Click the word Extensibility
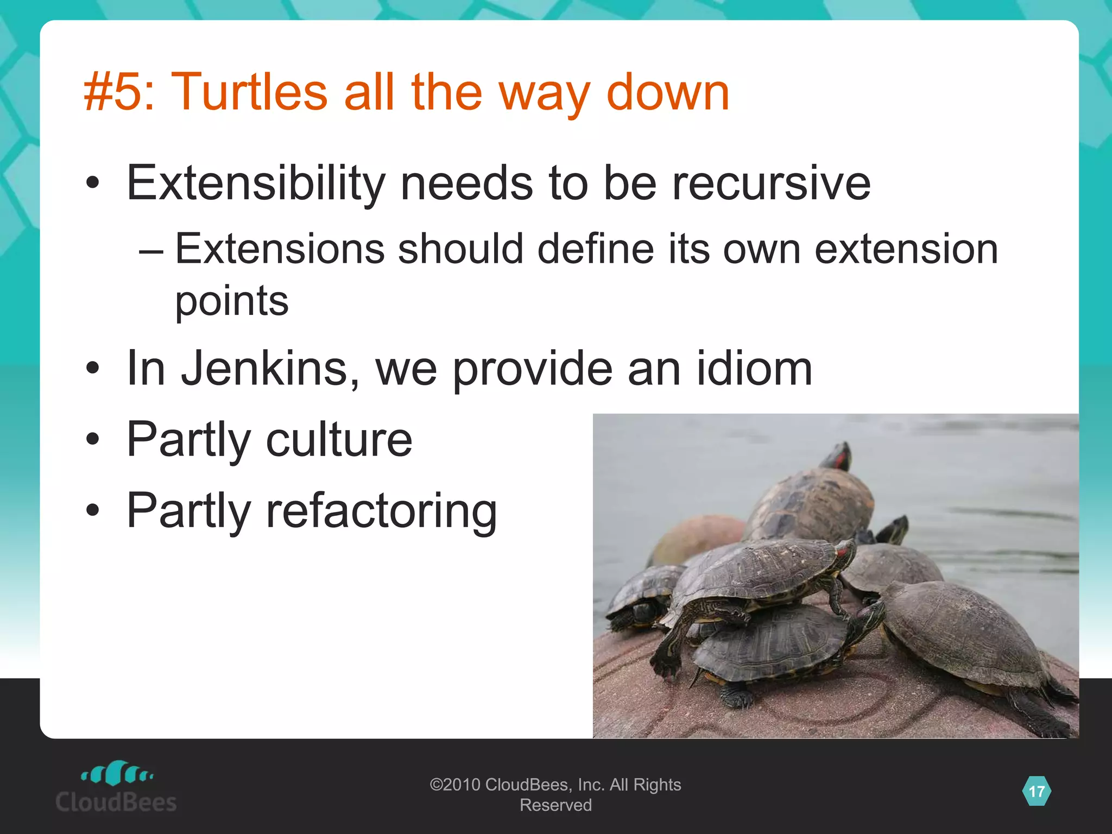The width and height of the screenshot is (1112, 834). tap(255, 183)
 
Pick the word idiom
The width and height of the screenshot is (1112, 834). tap(754, 369)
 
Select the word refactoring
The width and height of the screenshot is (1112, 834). tap(381, 511)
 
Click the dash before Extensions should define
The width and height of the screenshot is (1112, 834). tap(150, 250)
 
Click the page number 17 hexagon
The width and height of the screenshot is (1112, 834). tap(1037, 791)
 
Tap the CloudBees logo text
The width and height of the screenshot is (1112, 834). tap(116, 802)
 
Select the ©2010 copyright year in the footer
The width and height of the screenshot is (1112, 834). tap(455, 785)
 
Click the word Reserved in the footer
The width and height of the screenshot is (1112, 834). tap(555, 805)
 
